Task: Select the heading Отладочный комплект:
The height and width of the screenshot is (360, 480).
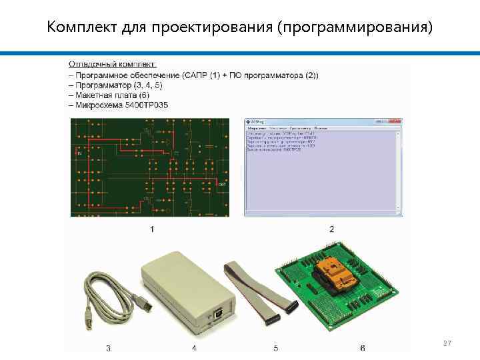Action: pyautogui.click(x=113, y=64)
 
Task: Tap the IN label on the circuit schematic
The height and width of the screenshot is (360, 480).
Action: pyautogui.click(x=80, y=153)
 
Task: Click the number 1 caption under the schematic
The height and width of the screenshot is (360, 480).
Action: pyautogui.click(x=152, y=229)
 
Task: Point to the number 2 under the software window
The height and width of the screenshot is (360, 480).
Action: pyautogui.click(x=332, y=229)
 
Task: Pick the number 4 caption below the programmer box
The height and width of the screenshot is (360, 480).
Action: pyautogui.click(x=193, y=348)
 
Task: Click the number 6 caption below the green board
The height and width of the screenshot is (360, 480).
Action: pyautogui.click(x=362, y=348)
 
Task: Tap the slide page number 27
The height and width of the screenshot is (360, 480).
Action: pyautogui.click(x=447, y=343)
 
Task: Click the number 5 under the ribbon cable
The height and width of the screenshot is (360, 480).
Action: pyautogui.click(x=276, y=348)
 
